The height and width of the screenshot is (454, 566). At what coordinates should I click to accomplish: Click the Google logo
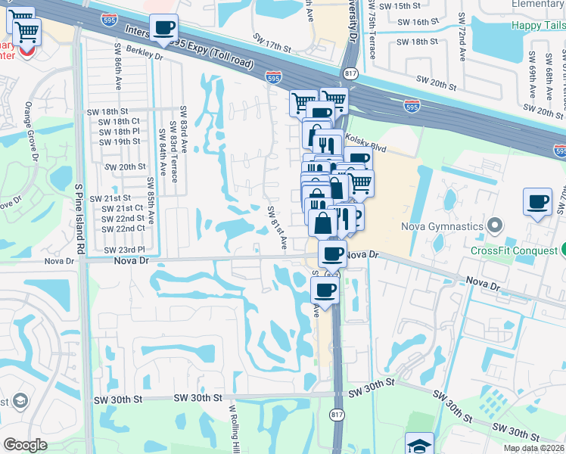coord(26,445)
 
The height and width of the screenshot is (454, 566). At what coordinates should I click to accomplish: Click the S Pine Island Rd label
coord(79,218)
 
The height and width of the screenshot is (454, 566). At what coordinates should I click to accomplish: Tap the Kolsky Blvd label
coord(365,139)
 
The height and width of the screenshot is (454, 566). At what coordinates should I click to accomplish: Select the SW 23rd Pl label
coord(124,249)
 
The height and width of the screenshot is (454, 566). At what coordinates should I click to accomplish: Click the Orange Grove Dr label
coord(32,132)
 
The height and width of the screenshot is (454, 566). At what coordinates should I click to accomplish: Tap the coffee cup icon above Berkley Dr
coord(163,29)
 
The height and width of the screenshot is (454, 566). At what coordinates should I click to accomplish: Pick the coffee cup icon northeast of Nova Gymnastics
coord(537,202)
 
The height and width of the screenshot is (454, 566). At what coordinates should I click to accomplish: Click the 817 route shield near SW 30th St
coord(337,414)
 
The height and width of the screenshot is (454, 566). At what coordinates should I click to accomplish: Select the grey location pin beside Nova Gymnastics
coord(496,225)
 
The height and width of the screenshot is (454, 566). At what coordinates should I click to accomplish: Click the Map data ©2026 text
coord(534,448)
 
